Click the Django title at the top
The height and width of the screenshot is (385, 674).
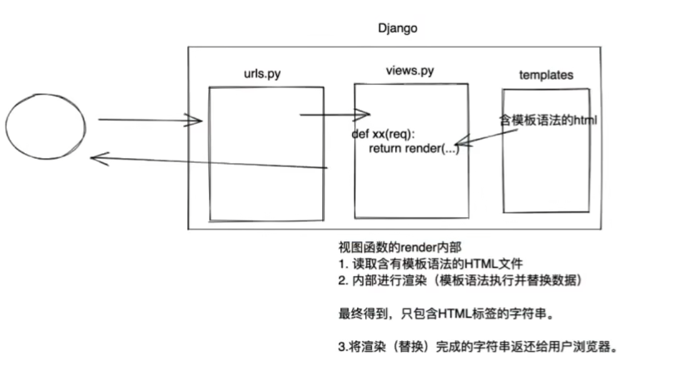coord(397,28)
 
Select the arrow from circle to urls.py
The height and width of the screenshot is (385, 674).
coord(150,121)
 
